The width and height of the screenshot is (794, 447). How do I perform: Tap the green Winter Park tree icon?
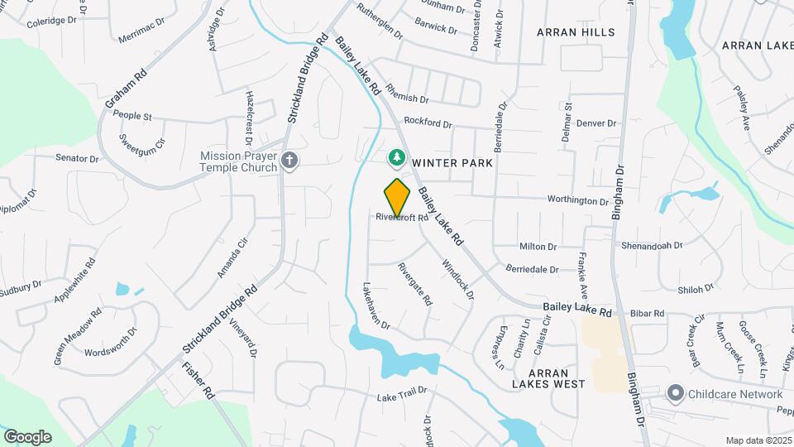tap(398, 157)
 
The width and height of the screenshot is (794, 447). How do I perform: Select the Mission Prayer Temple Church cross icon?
tap(289, 161)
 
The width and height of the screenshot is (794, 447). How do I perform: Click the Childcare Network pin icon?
tap(676, 394)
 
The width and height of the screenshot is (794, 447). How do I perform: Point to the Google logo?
tap(27, 437)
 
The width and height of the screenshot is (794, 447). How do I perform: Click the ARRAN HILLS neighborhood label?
tap(576, 32)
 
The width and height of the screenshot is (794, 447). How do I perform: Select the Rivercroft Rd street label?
tap(402, 219)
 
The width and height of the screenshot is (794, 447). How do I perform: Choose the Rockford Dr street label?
tap(428, 124)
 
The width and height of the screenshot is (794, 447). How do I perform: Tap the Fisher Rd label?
tap(198, 382)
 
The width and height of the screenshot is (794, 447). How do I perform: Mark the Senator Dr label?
tap(77, 158)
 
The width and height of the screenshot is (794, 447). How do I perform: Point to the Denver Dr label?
tap(596, 123)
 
